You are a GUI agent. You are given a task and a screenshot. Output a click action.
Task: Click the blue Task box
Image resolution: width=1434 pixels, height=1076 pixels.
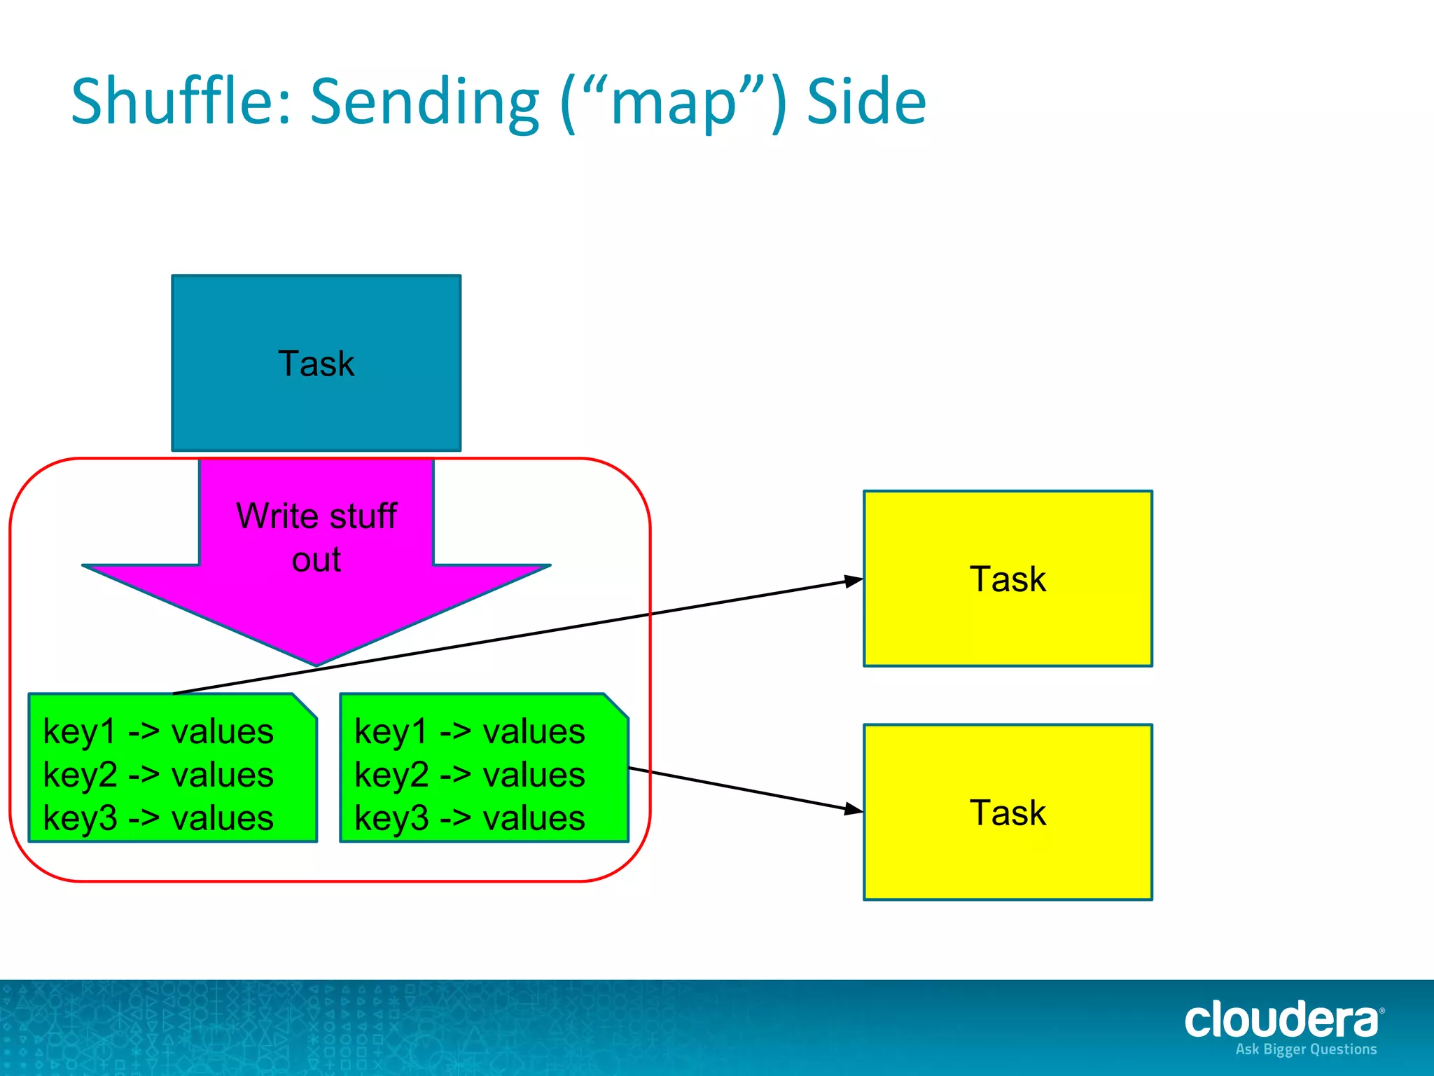316,363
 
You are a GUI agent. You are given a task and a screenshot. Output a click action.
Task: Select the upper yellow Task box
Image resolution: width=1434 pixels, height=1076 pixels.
1008,579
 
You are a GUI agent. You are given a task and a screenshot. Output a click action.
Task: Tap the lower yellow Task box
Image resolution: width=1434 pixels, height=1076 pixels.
1008,812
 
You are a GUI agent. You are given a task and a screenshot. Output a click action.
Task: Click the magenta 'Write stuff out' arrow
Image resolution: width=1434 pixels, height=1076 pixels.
316,602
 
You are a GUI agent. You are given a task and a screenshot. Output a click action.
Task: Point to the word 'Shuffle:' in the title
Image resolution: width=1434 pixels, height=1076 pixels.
181,102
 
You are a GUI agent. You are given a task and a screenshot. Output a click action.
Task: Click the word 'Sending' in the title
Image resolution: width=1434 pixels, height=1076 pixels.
424,102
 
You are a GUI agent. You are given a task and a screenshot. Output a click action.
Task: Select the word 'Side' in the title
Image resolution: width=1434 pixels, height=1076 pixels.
866,102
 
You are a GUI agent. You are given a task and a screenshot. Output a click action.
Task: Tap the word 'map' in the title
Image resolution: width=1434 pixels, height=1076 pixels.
674,105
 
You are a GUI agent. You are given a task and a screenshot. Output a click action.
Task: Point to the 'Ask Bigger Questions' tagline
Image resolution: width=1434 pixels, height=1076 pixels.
1306,1049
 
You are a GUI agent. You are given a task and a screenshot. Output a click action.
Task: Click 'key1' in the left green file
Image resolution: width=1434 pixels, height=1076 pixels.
79,732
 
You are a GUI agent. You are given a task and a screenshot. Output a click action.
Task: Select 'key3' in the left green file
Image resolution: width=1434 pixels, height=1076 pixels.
79,818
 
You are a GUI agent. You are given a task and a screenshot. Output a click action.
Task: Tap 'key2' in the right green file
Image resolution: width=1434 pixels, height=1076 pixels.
391,775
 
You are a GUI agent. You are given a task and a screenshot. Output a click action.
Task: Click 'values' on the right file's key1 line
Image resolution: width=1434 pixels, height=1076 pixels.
534,732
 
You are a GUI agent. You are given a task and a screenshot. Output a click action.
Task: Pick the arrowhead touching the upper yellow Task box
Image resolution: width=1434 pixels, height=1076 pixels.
854,581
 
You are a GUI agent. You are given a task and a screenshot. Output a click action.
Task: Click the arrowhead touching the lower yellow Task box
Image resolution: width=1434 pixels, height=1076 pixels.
854,809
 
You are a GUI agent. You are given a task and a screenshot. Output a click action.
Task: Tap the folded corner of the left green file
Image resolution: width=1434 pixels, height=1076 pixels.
305,705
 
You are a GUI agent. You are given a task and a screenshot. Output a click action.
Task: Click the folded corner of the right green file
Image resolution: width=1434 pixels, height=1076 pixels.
616,705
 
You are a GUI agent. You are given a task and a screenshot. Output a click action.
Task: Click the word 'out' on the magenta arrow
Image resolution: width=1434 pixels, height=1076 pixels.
316,560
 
